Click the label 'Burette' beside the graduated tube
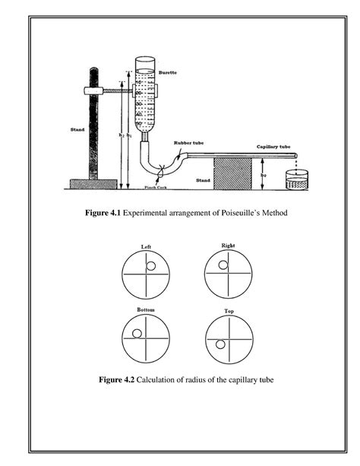(x=167, y=73)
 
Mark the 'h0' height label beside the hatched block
(x=264, y=174)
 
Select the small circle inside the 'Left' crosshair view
(x=152, y=266)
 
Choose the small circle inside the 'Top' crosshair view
(x=220, y=344)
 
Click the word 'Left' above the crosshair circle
(x=147, y=246)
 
